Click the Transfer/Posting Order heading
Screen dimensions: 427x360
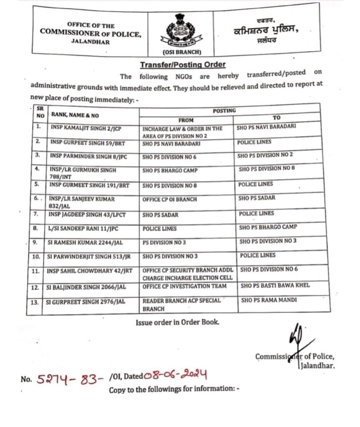(182, 65)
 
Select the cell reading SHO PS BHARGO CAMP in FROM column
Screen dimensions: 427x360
(170, 171)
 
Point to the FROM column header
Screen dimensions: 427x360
(186, 120)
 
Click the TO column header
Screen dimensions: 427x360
(277, 118)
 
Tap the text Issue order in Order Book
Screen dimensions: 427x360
(177, 322)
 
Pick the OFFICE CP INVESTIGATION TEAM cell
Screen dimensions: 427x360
(184, 286)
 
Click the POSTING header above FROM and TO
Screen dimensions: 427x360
(224, 111)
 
